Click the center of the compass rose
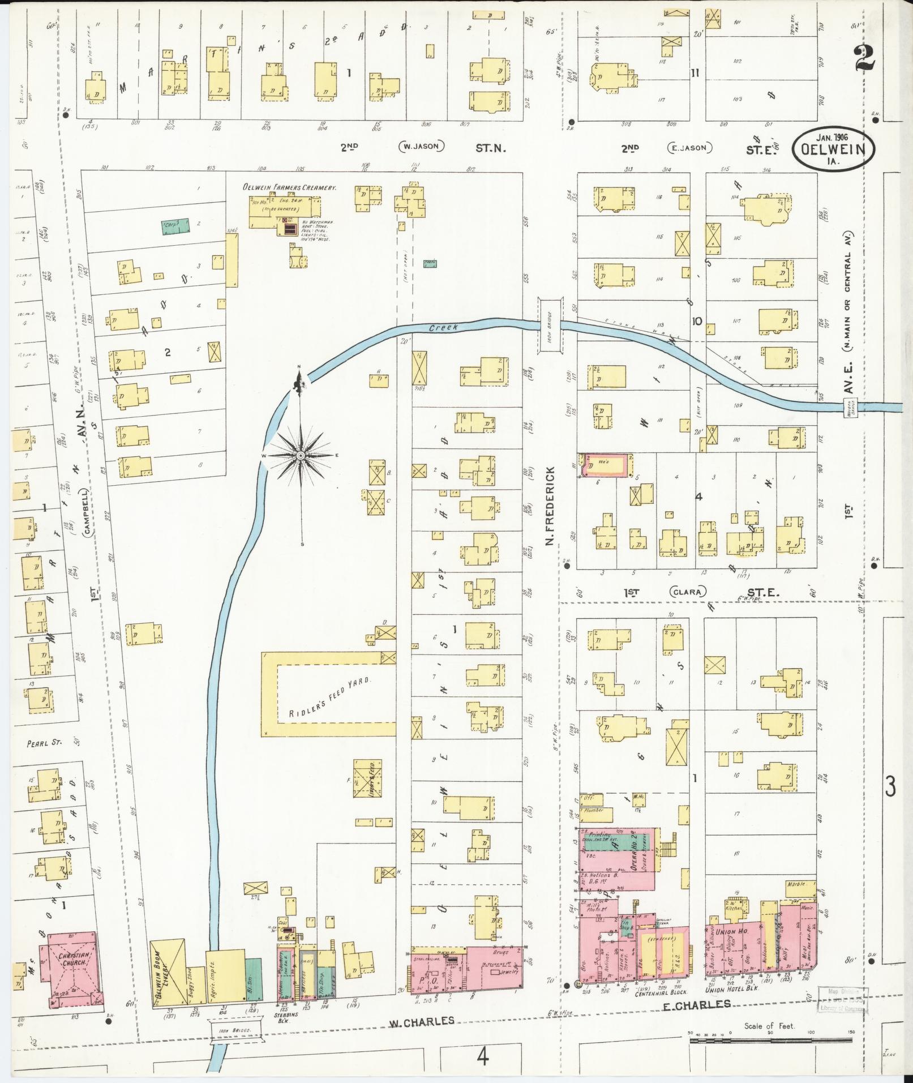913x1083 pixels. pyautogui.click(x=301, y=455)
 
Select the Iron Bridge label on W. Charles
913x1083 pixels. pyautogui.click(x=236, y=1041)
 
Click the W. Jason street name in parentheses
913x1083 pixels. pyautogui.click(x=422, y=147)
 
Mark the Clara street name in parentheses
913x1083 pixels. pyautogui.click(x=688, y=592)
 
